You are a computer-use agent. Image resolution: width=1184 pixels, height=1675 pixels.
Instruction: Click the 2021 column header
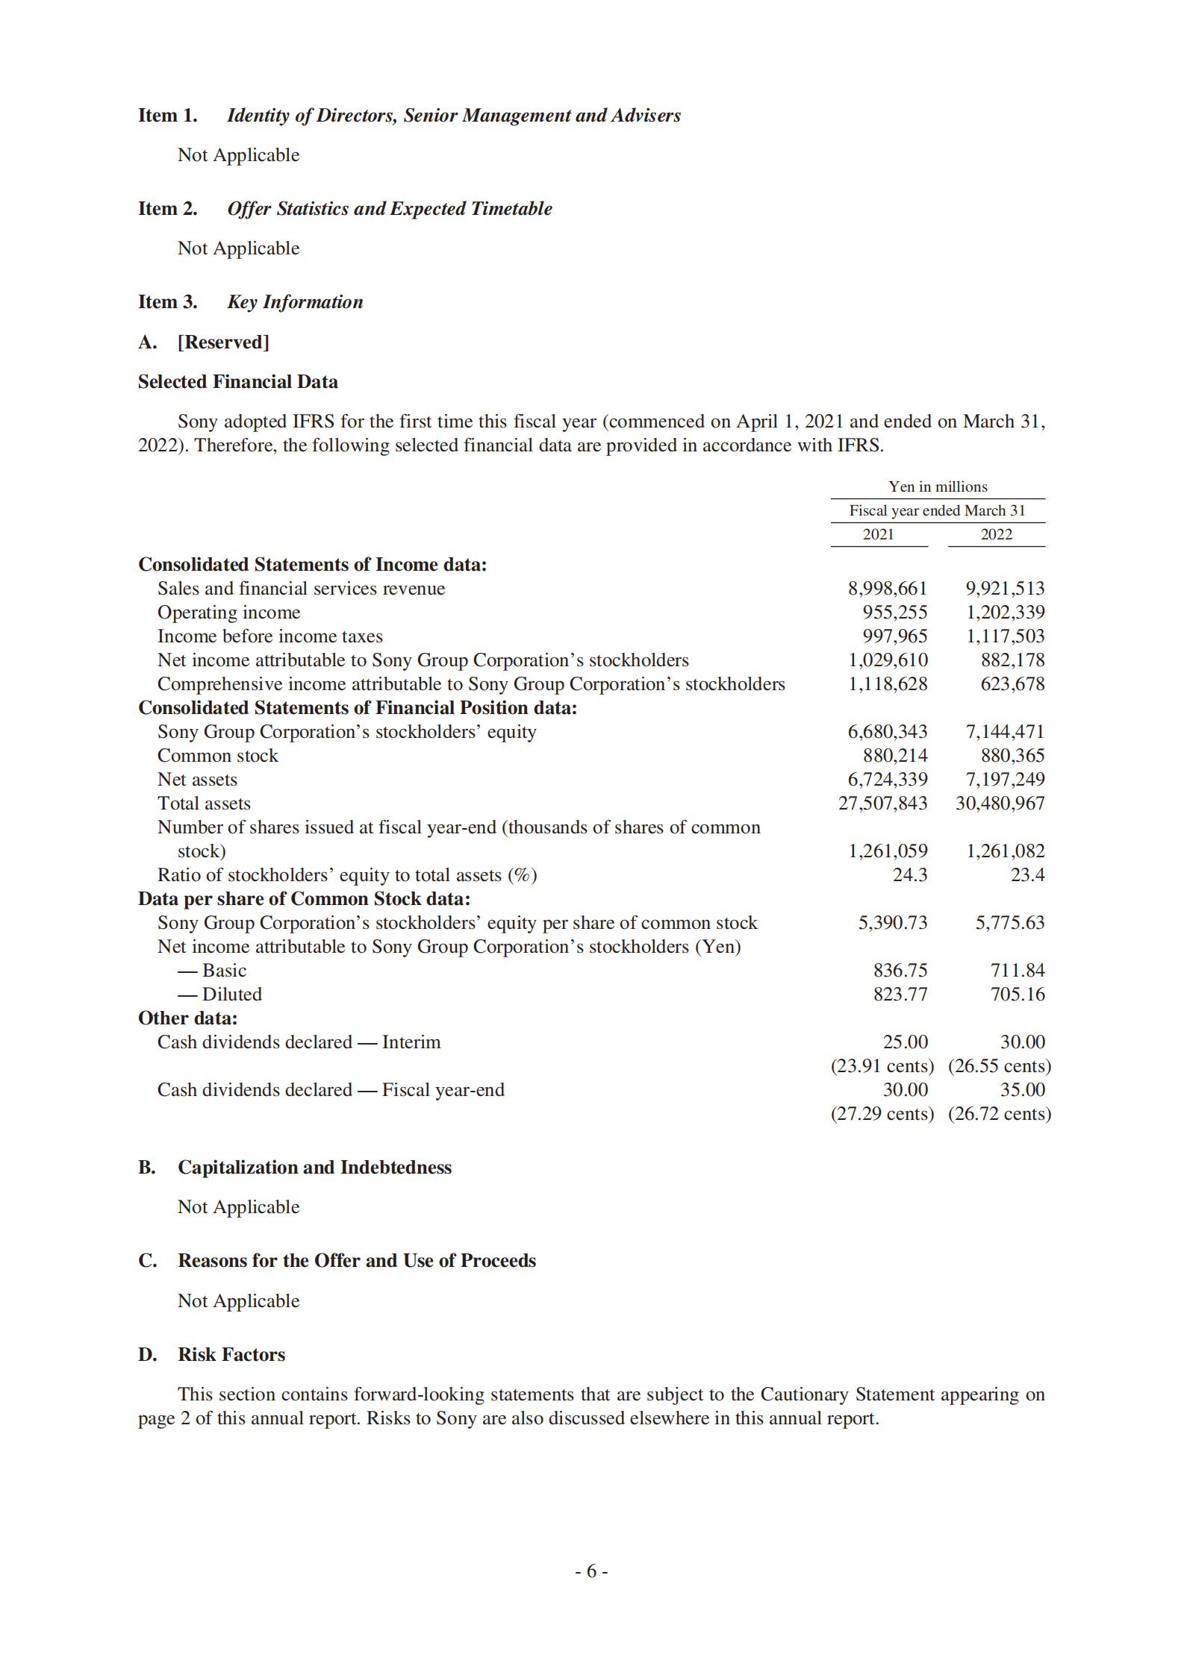(x=878, y=534)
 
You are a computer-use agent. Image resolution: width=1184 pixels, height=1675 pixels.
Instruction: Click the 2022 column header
(x=996, y=534)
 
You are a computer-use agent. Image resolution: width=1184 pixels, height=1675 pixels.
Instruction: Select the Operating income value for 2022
(x=1005, y=613)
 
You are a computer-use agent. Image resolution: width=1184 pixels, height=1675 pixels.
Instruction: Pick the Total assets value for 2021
(x=882, y=804)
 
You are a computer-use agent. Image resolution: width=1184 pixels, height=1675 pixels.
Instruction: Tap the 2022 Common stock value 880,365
(x=1012, y=756)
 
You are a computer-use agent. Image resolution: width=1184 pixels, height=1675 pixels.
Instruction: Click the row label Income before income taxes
(x=269, y=636)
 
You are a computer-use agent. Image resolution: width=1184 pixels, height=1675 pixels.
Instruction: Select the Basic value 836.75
(x=900, y=971)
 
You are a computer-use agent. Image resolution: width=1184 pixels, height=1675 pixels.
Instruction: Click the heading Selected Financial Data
(x=237, y=382)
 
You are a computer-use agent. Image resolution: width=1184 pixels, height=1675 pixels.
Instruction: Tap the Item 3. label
(x=168, y=302)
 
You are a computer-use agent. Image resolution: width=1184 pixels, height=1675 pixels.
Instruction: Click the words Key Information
(x=295, y=302)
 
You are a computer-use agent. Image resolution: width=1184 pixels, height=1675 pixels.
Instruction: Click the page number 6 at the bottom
(x=591, y=1571)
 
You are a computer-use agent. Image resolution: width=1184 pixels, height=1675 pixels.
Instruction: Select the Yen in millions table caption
(x=938, y=486)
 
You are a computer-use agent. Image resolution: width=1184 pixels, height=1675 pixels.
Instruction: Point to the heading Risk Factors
(x=231, y=1355)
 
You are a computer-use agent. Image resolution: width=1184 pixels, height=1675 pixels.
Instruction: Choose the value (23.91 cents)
(x=882, y=1066)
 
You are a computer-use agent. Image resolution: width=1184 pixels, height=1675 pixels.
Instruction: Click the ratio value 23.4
(x=1027, y=875)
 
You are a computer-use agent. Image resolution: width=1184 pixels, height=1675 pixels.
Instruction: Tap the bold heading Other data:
(x=187, y=1018)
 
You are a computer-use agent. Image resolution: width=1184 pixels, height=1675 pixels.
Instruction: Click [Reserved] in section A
(x=223, y=342)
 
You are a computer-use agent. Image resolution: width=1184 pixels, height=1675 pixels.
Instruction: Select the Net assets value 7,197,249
(x=1005, y=780)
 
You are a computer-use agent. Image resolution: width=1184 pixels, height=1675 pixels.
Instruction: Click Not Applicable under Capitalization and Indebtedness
(x=238, y=1207)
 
